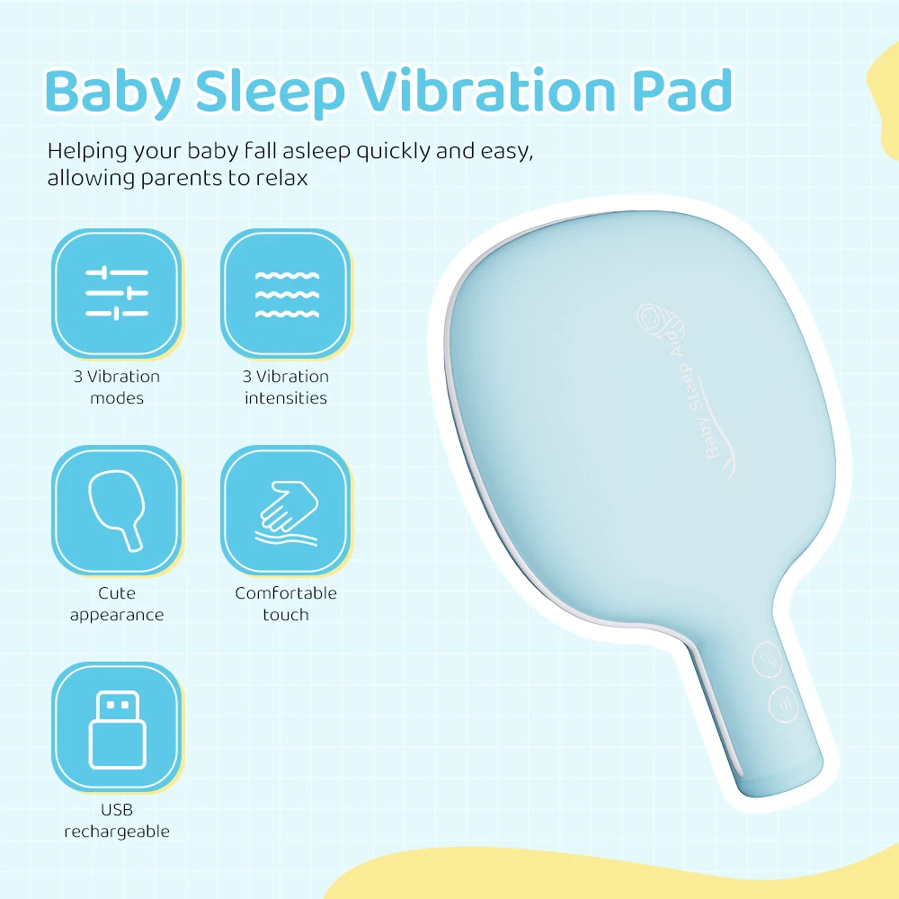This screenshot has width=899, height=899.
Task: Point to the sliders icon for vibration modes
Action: pos(117,293)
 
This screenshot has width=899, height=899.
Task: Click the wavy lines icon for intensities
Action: pos(287,293)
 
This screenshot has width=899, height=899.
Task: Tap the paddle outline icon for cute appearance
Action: pos(117,510)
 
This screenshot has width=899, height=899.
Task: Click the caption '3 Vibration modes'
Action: pos(117,387)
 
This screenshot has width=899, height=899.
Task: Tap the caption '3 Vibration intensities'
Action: pos(287,387)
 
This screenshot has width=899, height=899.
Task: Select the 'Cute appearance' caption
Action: pos(117,604)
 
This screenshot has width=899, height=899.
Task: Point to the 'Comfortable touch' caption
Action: pos(286,604)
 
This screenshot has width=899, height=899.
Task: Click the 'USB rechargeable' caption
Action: pos(117,821)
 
